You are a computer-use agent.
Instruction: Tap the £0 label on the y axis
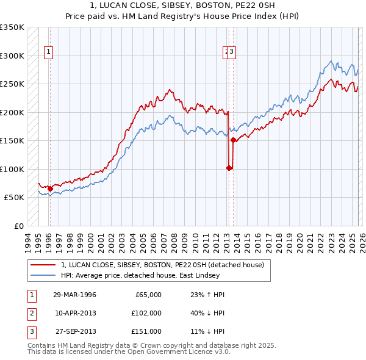click(x=18, y=226)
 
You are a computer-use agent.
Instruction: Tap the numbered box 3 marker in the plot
click(x=232, y=52)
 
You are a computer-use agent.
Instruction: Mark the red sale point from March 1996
click(x=49, y=189)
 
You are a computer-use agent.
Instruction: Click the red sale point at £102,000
click(x=229, y=168)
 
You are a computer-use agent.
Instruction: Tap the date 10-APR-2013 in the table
click(x=74, y=312)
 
